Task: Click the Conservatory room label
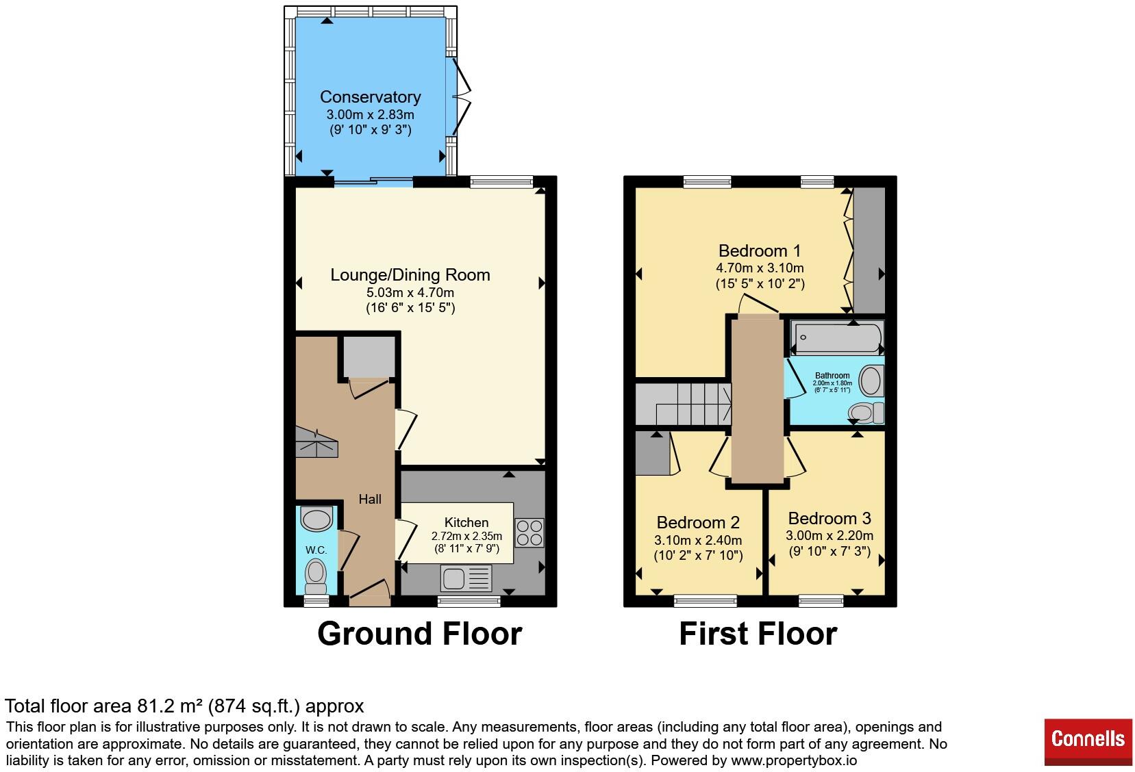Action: point(371,96)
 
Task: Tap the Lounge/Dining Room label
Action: point(410,275)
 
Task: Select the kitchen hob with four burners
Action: point(529,533)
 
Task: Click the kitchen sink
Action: point(466,578)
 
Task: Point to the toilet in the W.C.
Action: point(316,576)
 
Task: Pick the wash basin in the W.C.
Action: point(316,519)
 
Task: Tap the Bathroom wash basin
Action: point(871,380)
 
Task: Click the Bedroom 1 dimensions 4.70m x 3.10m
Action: point(760,268)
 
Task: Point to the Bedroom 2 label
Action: point(698,522)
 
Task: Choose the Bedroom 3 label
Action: point(830,518)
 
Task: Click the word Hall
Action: point(370,499)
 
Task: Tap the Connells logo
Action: point(1088,742)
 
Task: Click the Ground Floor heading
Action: point(419,633)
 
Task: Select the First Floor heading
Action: point(758,633)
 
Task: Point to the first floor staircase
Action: point(684,404)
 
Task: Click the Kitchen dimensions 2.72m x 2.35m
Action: point(466,536)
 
